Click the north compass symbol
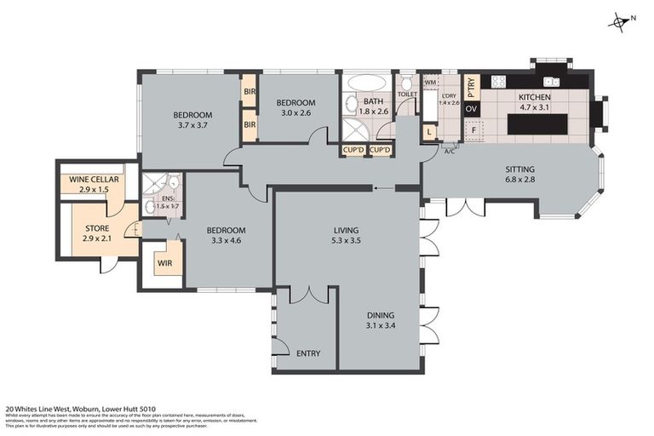(619, 22)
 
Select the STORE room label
(97, 227)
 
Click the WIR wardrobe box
(164, 264)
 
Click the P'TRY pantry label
(473, 86)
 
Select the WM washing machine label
(430, 82)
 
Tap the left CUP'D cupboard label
(353, 151)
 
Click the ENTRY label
(307, 353)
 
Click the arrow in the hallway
(383, 188)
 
